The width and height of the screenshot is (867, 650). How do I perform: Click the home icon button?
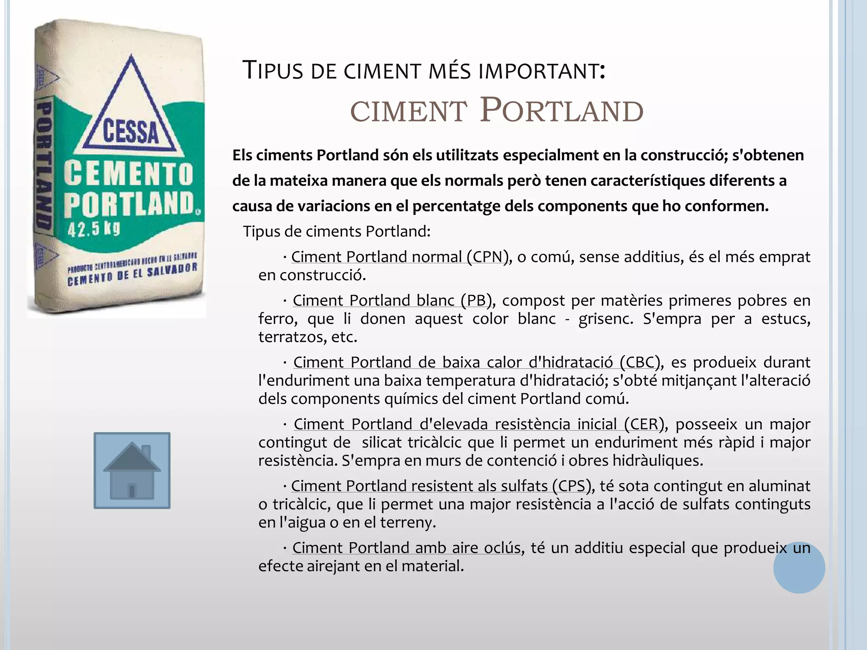(132, 470)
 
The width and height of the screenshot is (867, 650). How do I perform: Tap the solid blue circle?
(799, 567)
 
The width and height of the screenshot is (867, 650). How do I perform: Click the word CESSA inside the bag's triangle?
(131, 132)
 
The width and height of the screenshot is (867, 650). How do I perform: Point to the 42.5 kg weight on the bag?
(94, 229)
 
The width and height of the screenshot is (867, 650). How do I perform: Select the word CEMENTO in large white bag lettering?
(129, 174)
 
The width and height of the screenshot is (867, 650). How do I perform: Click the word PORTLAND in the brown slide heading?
(561, 111)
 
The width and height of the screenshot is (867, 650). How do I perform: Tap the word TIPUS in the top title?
(273, 70)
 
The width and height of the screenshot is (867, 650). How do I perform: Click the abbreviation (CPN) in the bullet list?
(488, 257)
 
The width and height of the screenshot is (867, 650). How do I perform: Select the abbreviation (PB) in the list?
(476, 300)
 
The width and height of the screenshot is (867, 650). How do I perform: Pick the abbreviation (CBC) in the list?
(640, 362)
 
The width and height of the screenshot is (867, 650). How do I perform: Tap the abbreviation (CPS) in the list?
(572, 486)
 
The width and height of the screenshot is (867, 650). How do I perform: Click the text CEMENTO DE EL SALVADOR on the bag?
(133, 274)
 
